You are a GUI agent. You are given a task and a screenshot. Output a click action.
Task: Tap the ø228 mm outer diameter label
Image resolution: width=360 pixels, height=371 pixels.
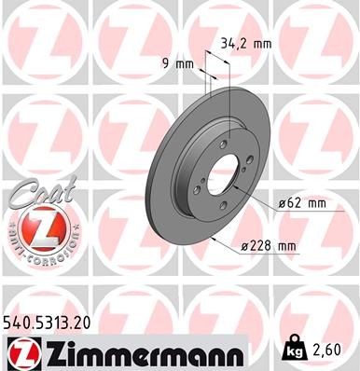pyautogui.click(x=268, y=245)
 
